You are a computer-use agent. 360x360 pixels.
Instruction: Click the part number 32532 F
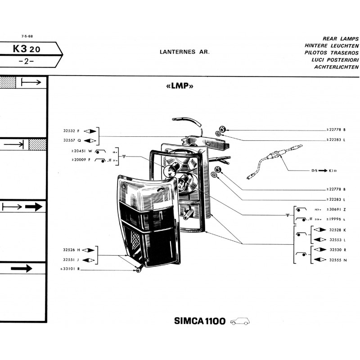tap(72, 131)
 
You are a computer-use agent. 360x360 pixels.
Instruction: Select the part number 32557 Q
tap(72, 140)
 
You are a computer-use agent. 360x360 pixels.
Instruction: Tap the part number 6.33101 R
tap(69, 270)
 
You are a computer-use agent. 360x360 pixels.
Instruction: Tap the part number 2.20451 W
tap(81, 151)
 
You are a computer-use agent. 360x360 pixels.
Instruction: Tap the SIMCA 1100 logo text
tap(199, 321)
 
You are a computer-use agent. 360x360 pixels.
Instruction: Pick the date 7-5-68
tap(27, 36)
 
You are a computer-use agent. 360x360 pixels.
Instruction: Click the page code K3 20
tap(27, 49)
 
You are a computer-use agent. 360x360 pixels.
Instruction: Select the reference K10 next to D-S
tap(333, 171)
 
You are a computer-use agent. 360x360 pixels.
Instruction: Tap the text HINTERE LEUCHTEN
tap(332, 46)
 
